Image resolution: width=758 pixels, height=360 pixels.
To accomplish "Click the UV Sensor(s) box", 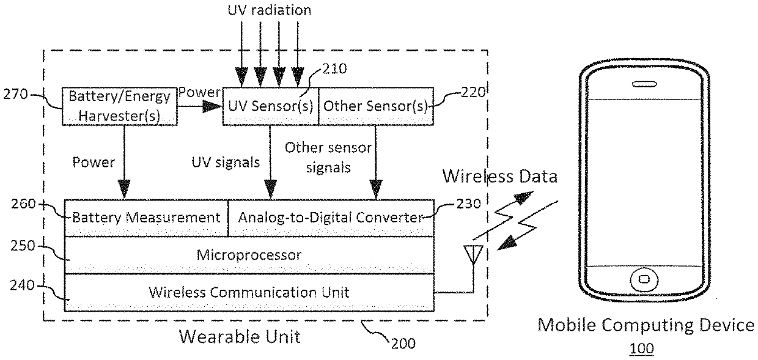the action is pos(270,106).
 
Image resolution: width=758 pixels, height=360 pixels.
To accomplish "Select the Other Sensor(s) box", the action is pos(376,106).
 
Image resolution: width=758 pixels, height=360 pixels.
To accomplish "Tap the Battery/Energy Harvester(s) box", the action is pos(119,106).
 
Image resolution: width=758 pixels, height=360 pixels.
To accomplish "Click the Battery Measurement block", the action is pos(146,218).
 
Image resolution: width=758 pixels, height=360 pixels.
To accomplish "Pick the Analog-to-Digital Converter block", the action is pos(331,218).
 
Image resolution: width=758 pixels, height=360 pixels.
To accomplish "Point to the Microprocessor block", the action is pos(249,255).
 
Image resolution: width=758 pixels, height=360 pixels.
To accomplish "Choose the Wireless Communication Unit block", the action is pos(249,292).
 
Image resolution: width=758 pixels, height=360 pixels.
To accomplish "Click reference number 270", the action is pos(15,94).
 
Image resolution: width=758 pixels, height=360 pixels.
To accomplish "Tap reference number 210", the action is pos(334,68).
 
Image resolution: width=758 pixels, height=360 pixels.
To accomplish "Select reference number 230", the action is pos(469,204).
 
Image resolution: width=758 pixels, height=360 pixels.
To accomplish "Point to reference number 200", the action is pos(403,343).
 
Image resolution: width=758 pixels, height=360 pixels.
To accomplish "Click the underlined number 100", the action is pos(642,348).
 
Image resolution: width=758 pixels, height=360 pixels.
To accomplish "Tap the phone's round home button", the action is pos(644,280).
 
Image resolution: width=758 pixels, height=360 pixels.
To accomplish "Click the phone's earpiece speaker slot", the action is pos(644,84).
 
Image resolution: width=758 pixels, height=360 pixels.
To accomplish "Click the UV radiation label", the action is pos(270,10).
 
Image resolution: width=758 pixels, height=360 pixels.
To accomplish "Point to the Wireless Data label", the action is pos(500,177).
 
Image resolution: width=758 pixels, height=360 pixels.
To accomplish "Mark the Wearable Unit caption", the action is pos(240,337).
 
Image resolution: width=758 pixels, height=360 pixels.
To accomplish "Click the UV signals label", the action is pos(226,163).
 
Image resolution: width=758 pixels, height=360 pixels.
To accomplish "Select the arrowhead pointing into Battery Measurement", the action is pos(124,189).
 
